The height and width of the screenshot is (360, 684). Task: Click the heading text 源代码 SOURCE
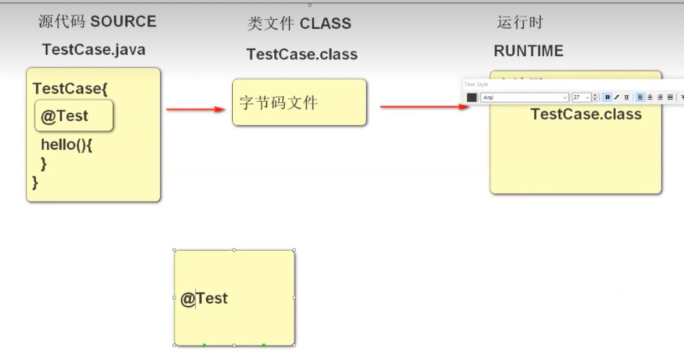(97, 22)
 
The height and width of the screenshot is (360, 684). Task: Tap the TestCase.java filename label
(94, 50)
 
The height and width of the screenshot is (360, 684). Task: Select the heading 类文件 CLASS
(299, 24)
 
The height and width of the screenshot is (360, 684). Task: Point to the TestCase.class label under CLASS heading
(302, 54)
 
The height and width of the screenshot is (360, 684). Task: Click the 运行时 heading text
(520, 23)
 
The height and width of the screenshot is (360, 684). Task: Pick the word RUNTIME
(528, 51)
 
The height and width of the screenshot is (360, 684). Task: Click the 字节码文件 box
(299, 102)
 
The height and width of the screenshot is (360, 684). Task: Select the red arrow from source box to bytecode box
(195, 109)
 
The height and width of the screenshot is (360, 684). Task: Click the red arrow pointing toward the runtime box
(424, 106)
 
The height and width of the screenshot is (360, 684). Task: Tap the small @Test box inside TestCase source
(73, 116)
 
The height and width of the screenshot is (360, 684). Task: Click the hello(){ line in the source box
(66, 144)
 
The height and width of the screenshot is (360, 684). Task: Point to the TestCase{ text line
(70, 89)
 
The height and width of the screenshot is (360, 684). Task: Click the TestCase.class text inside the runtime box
(586, 114)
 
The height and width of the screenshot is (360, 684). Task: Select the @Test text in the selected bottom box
(205, 299)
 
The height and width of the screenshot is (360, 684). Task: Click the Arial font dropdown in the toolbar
(525, 98)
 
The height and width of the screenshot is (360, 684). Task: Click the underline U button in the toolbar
(626, 98)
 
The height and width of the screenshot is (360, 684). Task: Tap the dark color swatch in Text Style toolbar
(472, 98)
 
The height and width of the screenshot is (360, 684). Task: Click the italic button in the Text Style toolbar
(617, 98)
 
